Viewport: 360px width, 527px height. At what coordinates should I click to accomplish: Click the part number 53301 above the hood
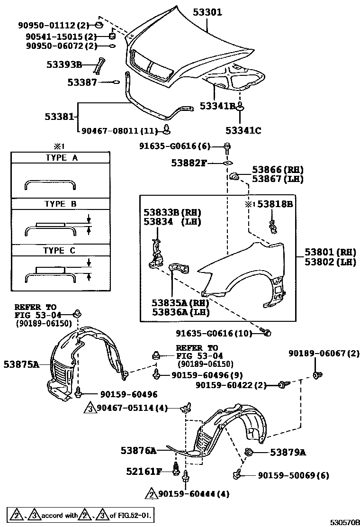[207, 12]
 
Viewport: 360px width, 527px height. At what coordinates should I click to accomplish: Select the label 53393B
[64, 64]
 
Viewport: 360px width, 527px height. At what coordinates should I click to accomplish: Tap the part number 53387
[81, 82]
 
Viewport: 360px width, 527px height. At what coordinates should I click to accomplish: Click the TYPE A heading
[61, 158]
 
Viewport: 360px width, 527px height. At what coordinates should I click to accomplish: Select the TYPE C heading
[59, 251]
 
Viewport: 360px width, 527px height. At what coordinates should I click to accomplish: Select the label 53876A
[137, 450]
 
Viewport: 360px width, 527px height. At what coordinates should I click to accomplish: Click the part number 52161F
[144, 471]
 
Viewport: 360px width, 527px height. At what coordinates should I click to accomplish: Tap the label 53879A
[288, 452]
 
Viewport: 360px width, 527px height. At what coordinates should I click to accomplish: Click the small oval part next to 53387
[115, 82]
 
